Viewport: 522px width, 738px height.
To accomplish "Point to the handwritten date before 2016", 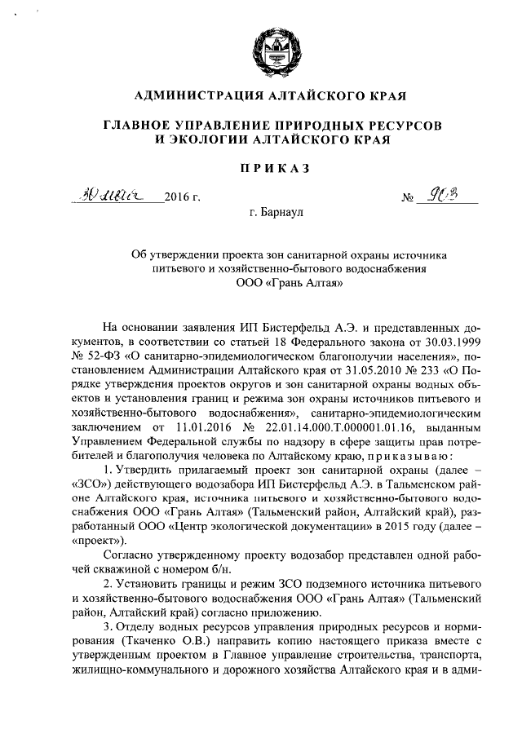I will [x=117, y=196].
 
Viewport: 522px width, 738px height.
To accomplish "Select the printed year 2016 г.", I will [x=182, y=198].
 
